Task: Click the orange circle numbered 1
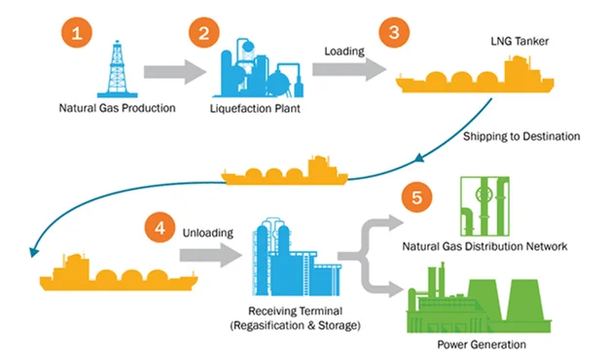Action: [x=77, y=32]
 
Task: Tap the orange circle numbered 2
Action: [x=204, y=32]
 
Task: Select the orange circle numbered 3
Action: [x=394, y=32]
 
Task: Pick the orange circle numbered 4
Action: [x=160, y=228]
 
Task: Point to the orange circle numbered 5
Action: [x=417, y=198]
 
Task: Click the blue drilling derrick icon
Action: [x=117, y=69]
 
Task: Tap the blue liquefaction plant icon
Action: [x=258, y=68]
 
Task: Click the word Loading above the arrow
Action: [x=344, y=52]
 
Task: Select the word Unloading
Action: [x=208, y=233]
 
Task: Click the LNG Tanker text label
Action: [x=519, y=41]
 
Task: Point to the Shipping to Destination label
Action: [x=521, y=136]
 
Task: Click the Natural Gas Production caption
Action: [x=117, y=108]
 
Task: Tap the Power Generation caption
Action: [x=482, y=344]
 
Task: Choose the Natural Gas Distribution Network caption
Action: [x=484, y=246]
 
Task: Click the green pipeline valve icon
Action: [x=484, y=206]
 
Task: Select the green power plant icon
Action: [x=480, y=298]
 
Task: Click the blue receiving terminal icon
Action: [x=297, y=257]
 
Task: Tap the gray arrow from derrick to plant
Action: [x=175, y=72]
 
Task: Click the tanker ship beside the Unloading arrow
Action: [x=119, y=271]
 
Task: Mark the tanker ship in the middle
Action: [x=284, y=170]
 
